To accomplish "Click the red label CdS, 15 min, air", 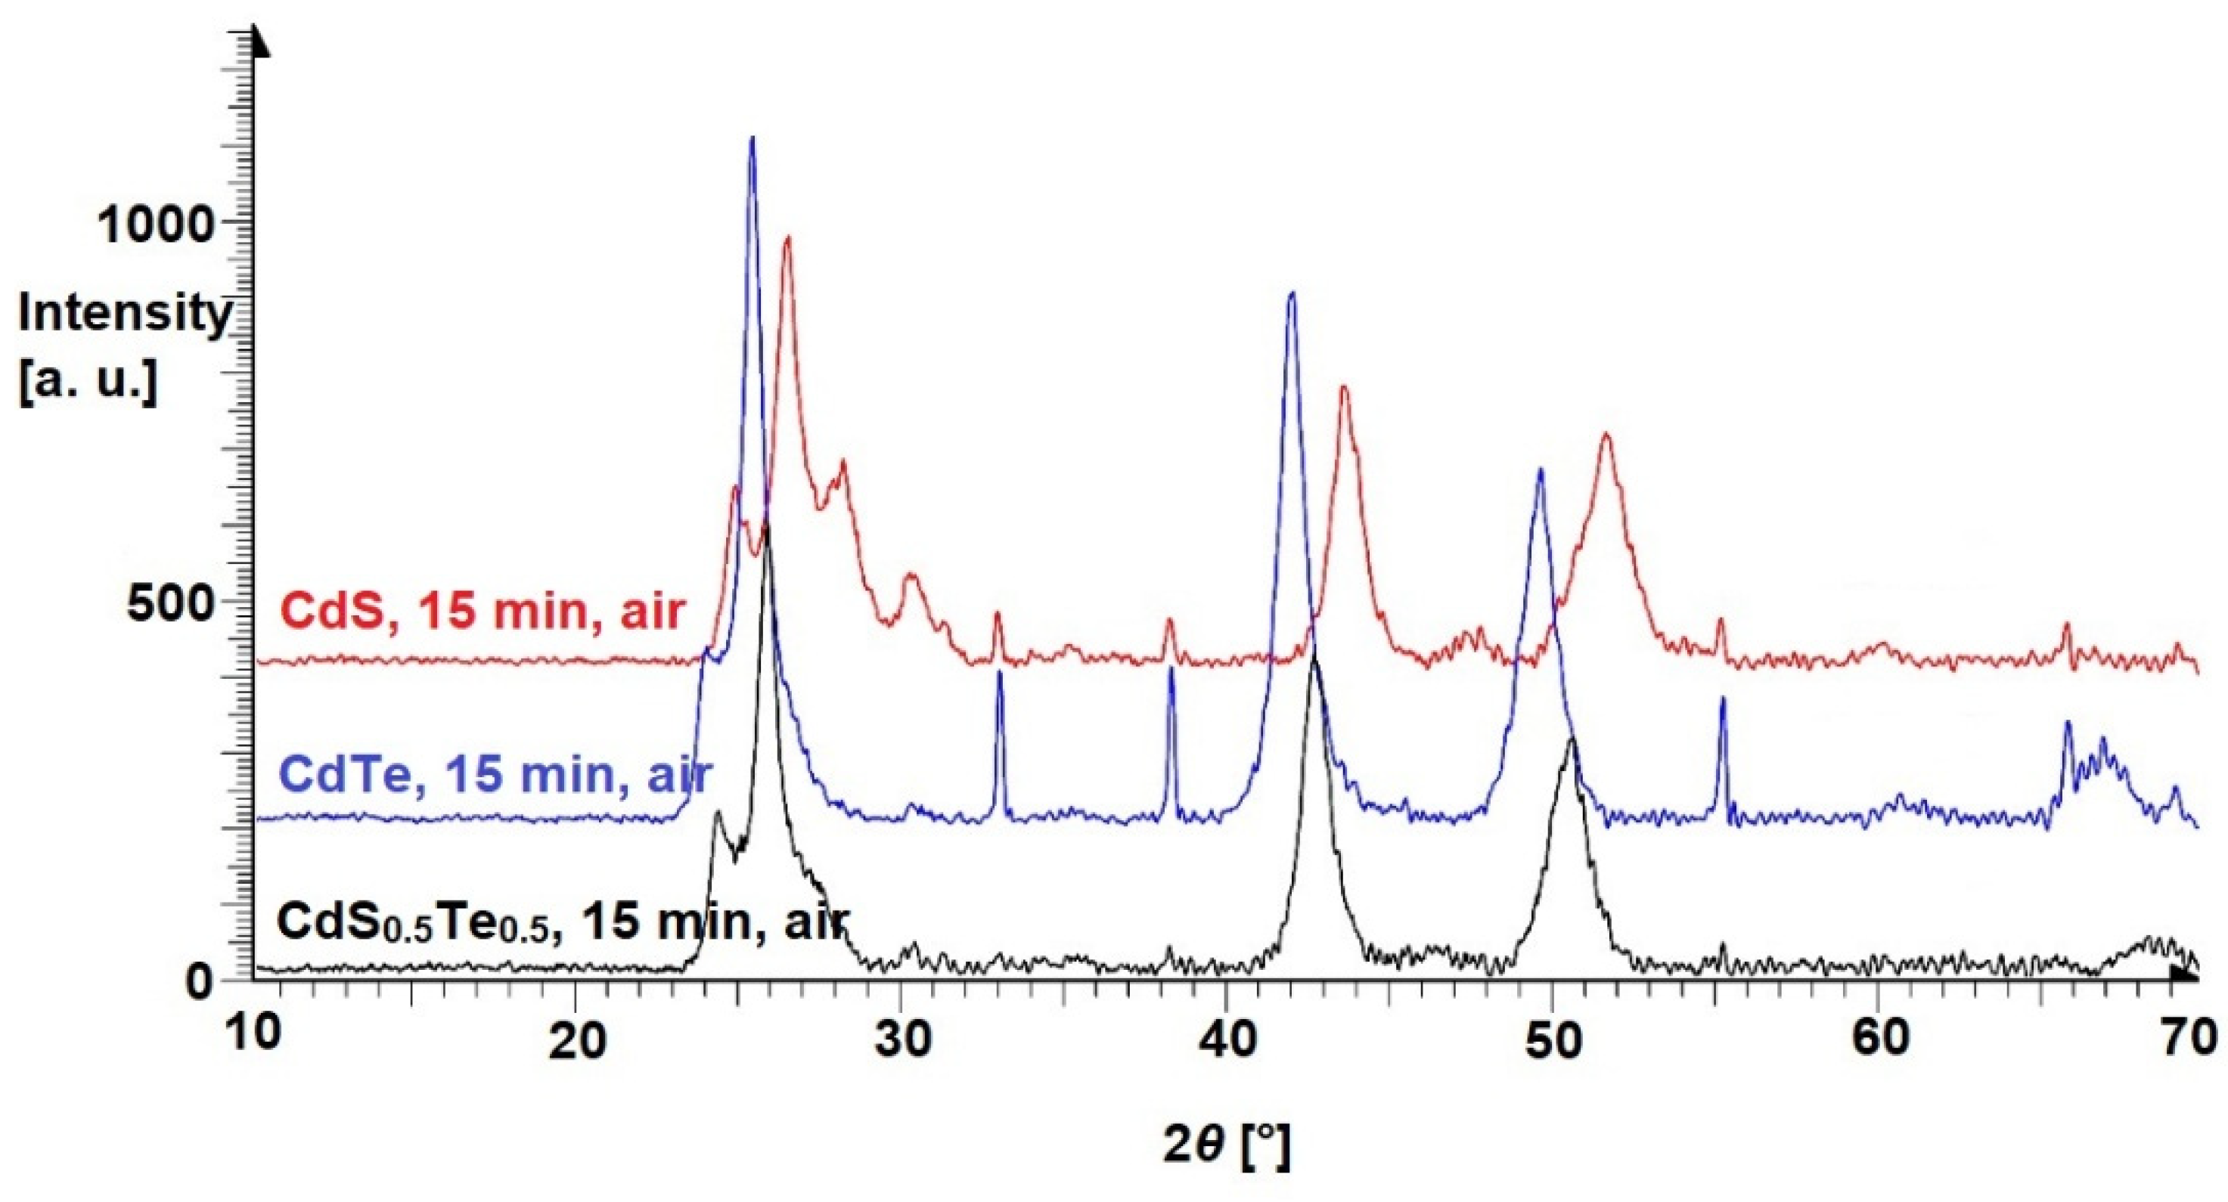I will [482, 612].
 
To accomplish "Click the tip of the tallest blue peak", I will [752, 138].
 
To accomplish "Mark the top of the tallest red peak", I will [787, 238].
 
